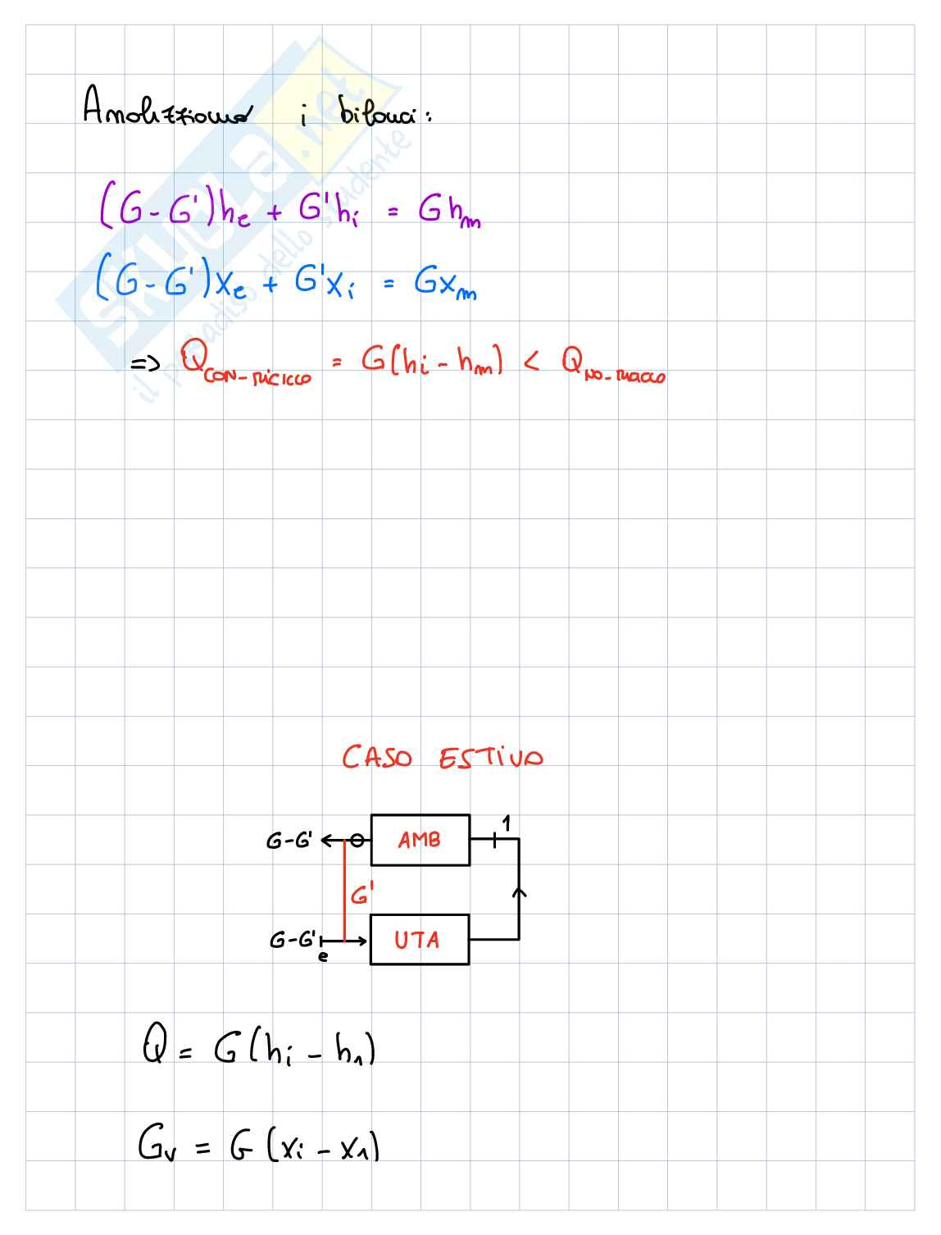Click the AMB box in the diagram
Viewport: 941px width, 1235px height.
point(420,840)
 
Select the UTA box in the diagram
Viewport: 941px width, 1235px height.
point(419,940)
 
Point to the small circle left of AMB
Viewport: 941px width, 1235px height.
point(357,841)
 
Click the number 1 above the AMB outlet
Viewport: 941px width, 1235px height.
point(507,823)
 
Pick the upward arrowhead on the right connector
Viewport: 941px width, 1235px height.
point(519,891)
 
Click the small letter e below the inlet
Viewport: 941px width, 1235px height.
point(323,955)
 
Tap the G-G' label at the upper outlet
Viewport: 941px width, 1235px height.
point(289,841)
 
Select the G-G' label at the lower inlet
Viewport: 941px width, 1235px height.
point(291,940)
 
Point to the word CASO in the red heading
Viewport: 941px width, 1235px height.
point(377,757)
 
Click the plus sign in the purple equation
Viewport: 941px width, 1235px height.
point(273,212)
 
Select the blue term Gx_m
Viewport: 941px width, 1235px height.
point(444,285)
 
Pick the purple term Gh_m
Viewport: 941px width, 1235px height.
point(448,212)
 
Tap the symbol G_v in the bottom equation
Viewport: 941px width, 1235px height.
point(154,1145)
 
